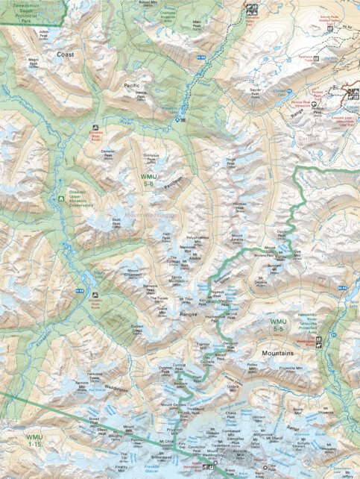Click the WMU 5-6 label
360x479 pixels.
(148, 178)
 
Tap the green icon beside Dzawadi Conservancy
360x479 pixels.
(61, 198)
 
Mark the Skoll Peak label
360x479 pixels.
(116, 221)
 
